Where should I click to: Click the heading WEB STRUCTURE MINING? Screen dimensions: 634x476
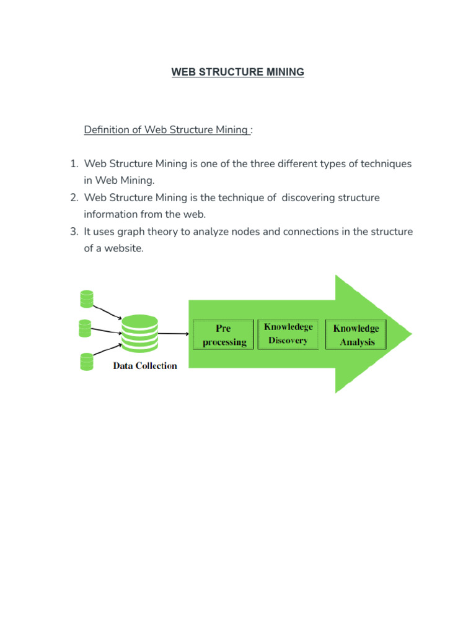(238, 72)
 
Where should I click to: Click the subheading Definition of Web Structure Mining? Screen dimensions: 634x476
(167, 130)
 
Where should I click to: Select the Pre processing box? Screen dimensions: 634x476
(223, 335)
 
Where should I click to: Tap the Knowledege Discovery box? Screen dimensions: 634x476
(288, 334)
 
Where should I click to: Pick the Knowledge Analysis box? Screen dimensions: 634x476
(356, 335)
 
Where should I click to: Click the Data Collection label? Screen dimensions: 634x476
(144, 365)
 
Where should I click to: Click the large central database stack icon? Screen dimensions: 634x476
(140, 334)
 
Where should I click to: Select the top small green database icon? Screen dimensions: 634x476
(87, 300)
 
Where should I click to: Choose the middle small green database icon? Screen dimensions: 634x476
(86, 328)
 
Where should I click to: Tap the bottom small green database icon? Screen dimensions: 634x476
(87, 362)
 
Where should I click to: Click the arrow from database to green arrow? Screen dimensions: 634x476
(174, 334)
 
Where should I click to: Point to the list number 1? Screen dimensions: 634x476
(73, 164)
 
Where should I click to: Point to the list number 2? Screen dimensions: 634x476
(73, 198)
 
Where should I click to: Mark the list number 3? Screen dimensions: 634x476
(73, 232)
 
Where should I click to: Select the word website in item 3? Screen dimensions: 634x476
(123, 248)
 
